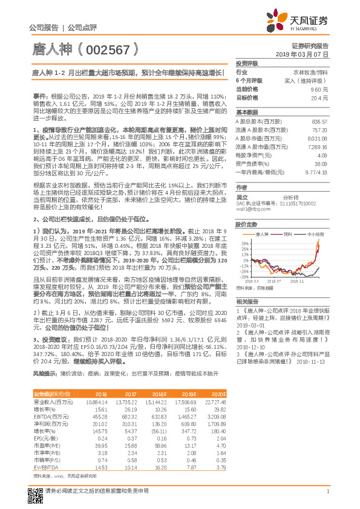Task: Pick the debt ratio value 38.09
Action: pos(320,163)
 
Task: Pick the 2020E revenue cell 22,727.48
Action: pos(217,402)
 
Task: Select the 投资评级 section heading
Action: pos(247,63)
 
